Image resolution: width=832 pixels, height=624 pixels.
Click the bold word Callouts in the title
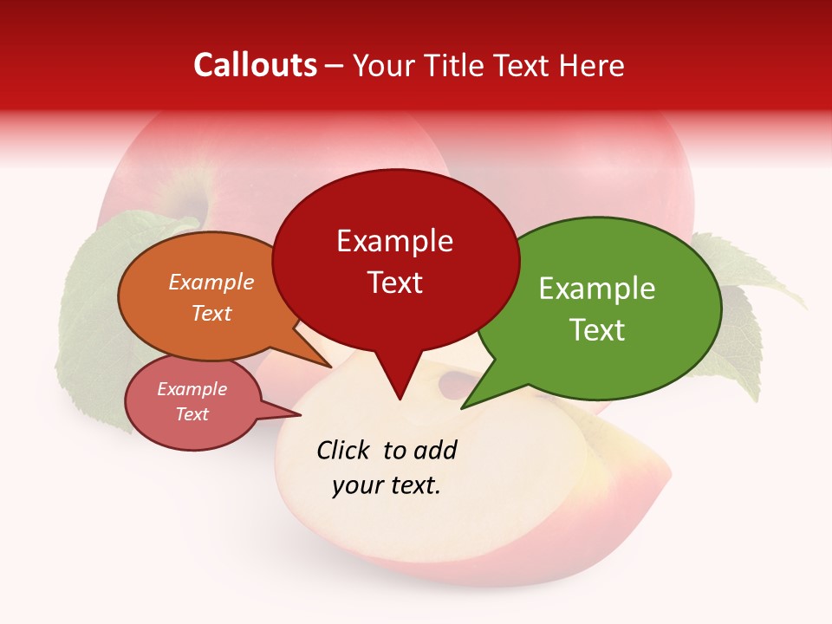coord(255,65)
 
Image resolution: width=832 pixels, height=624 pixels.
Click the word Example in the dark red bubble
coord(394,241)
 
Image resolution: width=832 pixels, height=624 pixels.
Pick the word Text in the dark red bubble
coord(394,283)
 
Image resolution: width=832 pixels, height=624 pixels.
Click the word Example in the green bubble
coord(597,289)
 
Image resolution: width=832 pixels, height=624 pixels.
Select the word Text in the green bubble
coord(597,330)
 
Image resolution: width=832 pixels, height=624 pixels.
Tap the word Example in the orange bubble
coord(211,282)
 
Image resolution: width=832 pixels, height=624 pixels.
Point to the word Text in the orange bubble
coord(211,313)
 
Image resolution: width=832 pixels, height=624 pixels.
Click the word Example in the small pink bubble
coord(192,389)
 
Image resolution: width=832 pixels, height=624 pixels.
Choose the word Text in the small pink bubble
coord(192,414)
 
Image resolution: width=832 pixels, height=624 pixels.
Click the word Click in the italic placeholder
coord(345,450)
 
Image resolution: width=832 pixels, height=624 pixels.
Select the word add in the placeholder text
coord(435,450)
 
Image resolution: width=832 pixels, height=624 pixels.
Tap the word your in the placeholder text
coord(354,485)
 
